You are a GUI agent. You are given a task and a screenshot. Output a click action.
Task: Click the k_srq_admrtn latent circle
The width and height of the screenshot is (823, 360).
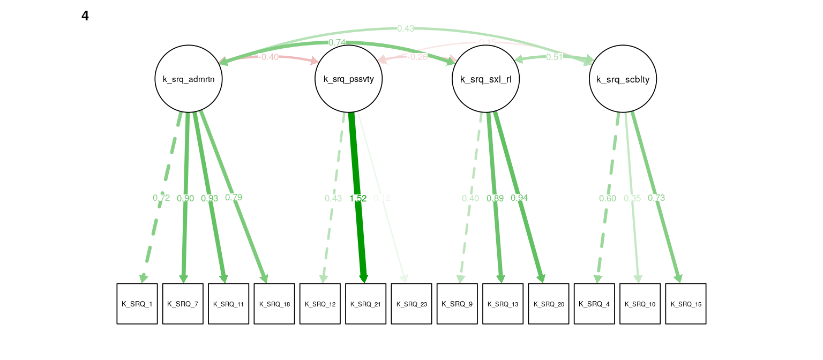click(x=189, y=79)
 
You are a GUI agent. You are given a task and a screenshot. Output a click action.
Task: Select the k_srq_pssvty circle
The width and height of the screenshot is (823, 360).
click(x=349, y=79)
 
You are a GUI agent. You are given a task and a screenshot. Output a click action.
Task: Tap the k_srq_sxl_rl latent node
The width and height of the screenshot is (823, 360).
click(x=486, y=79)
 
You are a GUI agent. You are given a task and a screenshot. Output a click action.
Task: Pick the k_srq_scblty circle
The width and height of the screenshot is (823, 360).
click(x=623, y=79)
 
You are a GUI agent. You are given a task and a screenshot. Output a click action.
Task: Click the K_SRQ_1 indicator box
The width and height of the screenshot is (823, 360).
click(x=137, y=304)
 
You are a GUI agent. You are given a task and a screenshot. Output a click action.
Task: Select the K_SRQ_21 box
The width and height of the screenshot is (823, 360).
click(x=365, y=304)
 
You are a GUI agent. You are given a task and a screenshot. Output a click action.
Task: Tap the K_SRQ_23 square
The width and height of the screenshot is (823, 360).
click(x=411, y=304)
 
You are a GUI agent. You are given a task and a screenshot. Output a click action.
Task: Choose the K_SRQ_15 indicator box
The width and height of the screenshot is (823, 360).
click(x=686, y=304)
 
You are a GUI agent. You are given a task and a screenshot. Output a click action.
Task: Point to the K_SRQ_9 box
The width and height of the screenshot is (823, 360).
click(x=457, y=304)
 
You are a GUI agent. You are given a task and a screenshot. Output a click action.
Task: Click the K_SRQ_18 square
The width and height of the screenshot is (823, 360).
click(x=274, y=304)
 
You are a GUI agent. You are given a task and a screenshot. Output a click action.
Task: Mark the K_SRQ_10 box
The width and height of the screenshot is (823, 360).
click(x=640, y=304)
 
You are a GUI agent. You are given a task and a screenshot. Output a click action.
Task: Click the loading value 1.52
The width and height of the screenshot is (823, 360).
click(x=358, y=198)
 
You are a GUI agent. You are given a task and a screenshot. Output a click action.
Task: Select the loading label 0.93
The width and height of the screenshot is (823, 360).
click(x=210, y=198)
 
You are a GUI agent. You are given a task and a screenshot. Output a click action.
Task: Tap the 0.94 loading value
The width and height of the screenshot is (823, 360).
click(x=519, y=198)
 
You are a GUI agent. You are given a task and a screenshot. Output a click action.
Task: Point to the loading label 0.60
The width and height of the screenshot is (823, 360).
click(x=608, y=198)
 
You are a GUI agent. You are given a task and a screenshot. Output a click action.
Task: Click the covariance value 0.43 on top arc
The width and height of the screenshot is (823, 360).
click(x=406, y=28)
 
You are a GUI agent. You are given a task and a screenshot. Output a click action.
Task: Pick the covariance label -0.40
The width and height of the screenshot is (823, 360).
click(x=268, y=57)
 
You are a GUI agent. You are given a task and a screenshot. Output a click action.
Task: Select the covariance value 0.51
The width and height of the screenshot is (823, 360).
click(x=555, y=57)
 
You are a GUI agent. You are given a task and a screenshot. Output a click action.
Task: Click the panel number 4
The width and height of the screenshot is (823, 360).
click(x=85, y=16)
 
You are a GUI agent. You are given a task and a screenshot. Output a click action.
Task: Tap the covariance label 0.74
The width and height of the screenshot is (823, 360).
click(x=338, y=42)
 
